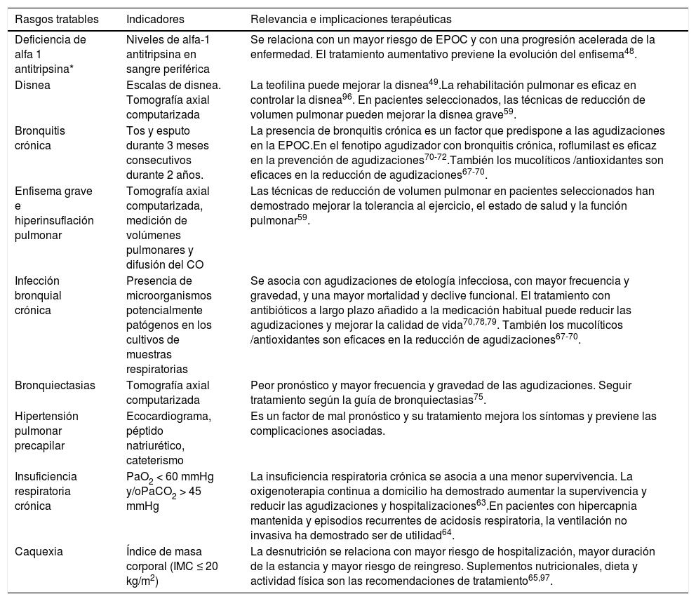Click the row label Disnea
(x=31, y=86)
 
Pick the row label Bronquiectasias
(x=55, y=385)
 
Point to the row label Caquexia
(x=39, y=551)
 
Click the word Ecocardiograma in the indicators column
(x=167, y=416)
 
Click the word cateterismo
(x=154, y=461)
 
